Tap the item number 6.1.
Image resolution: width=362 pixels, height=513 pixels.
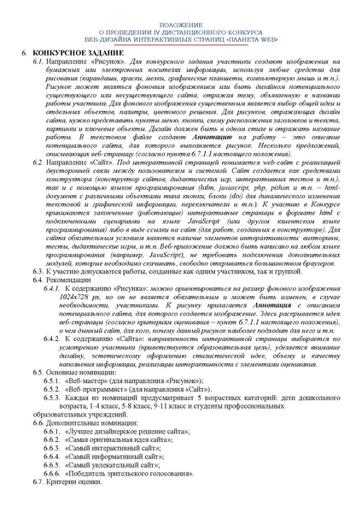click(39, 62)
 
